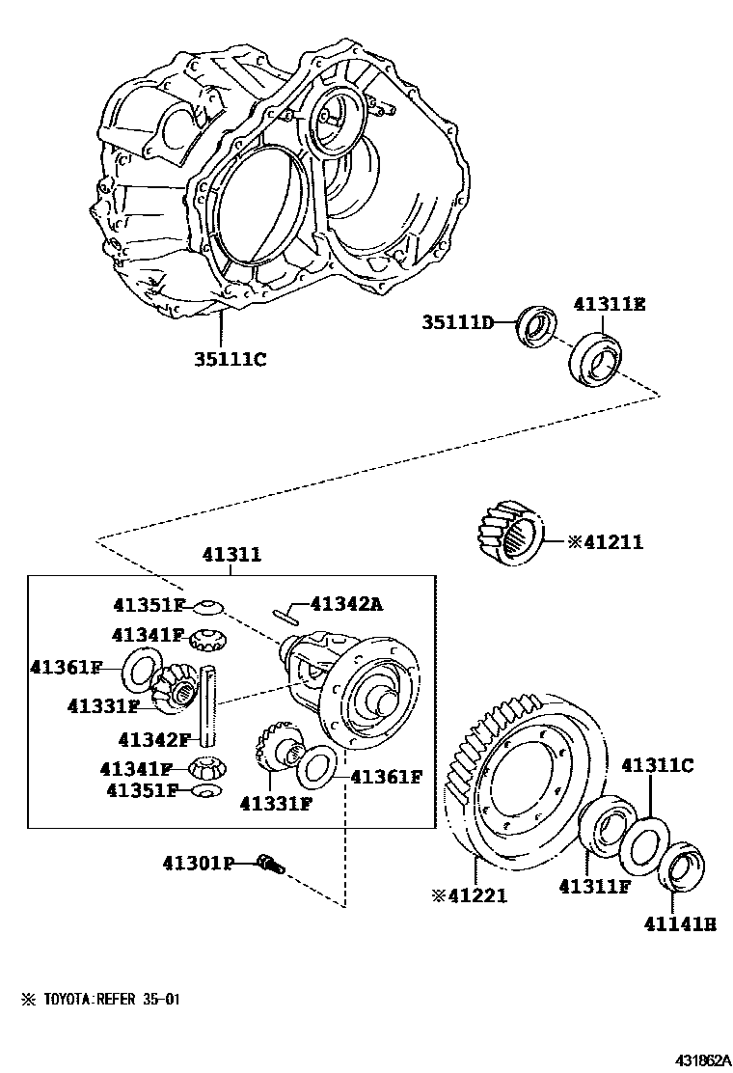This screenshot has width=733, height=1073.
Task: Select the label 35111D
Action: point(457,321)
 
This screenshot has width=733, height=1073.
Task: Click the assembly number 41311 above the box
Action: point(231,555)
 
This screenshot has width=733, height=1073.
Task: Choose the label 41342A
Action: point(346,604)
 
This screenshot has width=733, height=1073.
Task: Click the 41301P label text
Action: point(198,863)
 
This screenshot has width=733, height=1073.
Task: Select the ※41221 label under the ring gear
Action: point(469,894)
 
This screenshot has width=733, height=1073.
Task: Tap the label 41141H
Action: point(680,923)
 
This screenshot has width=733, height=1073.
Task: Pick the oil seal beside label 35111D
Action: point(531,326)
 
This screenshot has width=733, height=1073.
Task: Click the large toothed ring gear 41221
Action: point(521,782)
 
